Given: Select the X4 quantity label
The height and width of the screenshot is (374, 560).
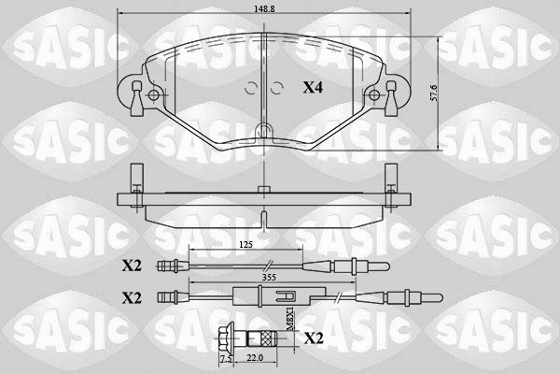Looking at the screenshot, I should pyautogui.click(x=313, y=88).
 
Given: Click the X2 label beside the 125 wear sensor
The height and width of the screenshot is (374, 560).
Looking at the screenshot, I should pyautogui.click(x=132, y=266).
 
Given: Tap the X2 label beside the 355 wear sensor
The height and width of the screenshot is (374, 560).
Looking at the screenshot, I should pyautogui.click(x=132, y=297).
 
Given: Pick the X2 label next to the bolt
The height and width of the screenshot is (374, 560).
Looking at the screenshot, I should pyautogui.click(x=315, y=338).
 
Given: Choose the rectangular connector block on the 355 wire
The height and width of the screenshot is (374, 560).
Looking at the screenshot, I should pyautogui.click(x=245, y=298).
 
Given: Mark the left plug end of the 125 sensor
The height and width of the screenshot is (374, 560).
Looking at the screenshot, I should pyautogui.click(x=169, y=266).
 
